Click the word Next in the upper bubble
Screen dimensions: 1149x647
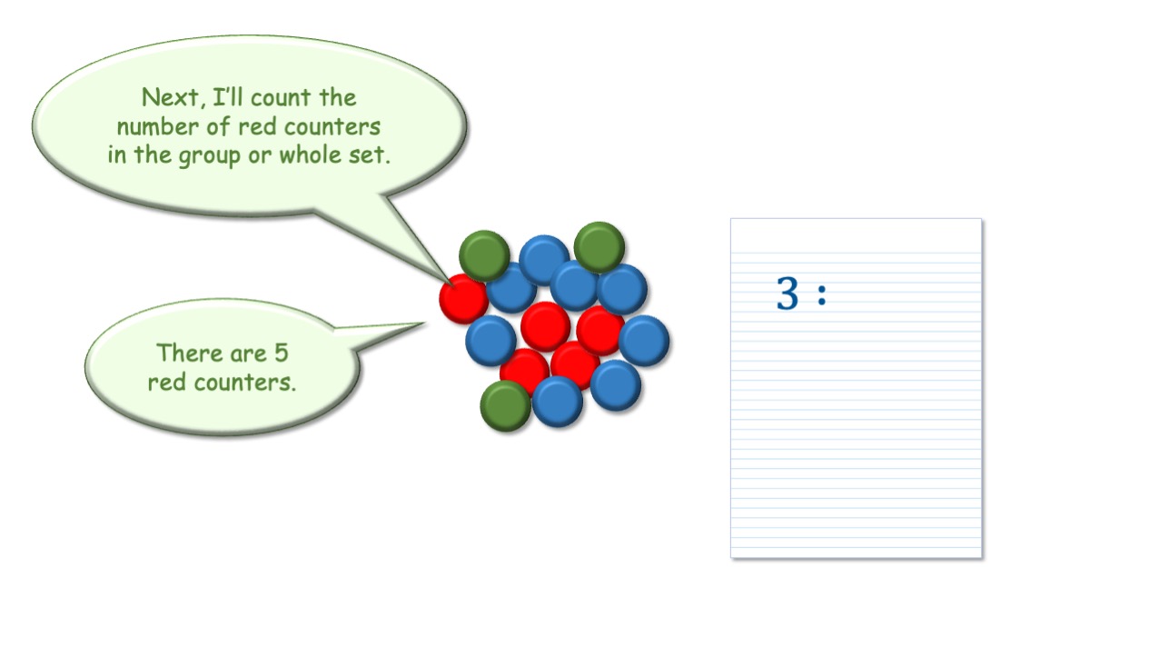click(170, 97)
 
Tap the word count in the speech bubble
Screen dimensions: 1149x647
click(281, 98)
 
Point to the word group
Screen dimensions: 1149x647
click(209, 156)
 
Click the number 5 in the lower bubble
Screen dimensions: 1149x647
click(281, 353)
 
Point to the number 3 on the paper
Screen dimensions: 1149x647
click(787, 293)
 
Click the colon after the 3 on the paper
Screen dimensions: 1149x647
click(822, 295)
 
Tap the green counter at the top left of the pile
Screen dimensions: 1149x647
click(484, 255)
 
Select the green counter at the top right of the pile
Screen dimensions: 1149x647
click(599, 247)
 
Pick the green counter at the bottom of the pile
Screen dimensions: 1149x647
click(505, 405)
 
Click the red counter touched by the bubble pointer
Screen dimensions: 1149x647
click(462, 299)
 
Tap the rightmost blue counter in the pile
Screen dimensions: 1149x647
click(644, 341)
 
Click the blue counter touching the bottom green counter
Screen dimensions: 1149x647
click(557, 402)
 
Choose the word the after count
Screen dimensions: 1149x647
click(338, 97)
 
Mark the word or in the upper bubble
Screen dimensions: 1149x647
click(260, 156)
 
